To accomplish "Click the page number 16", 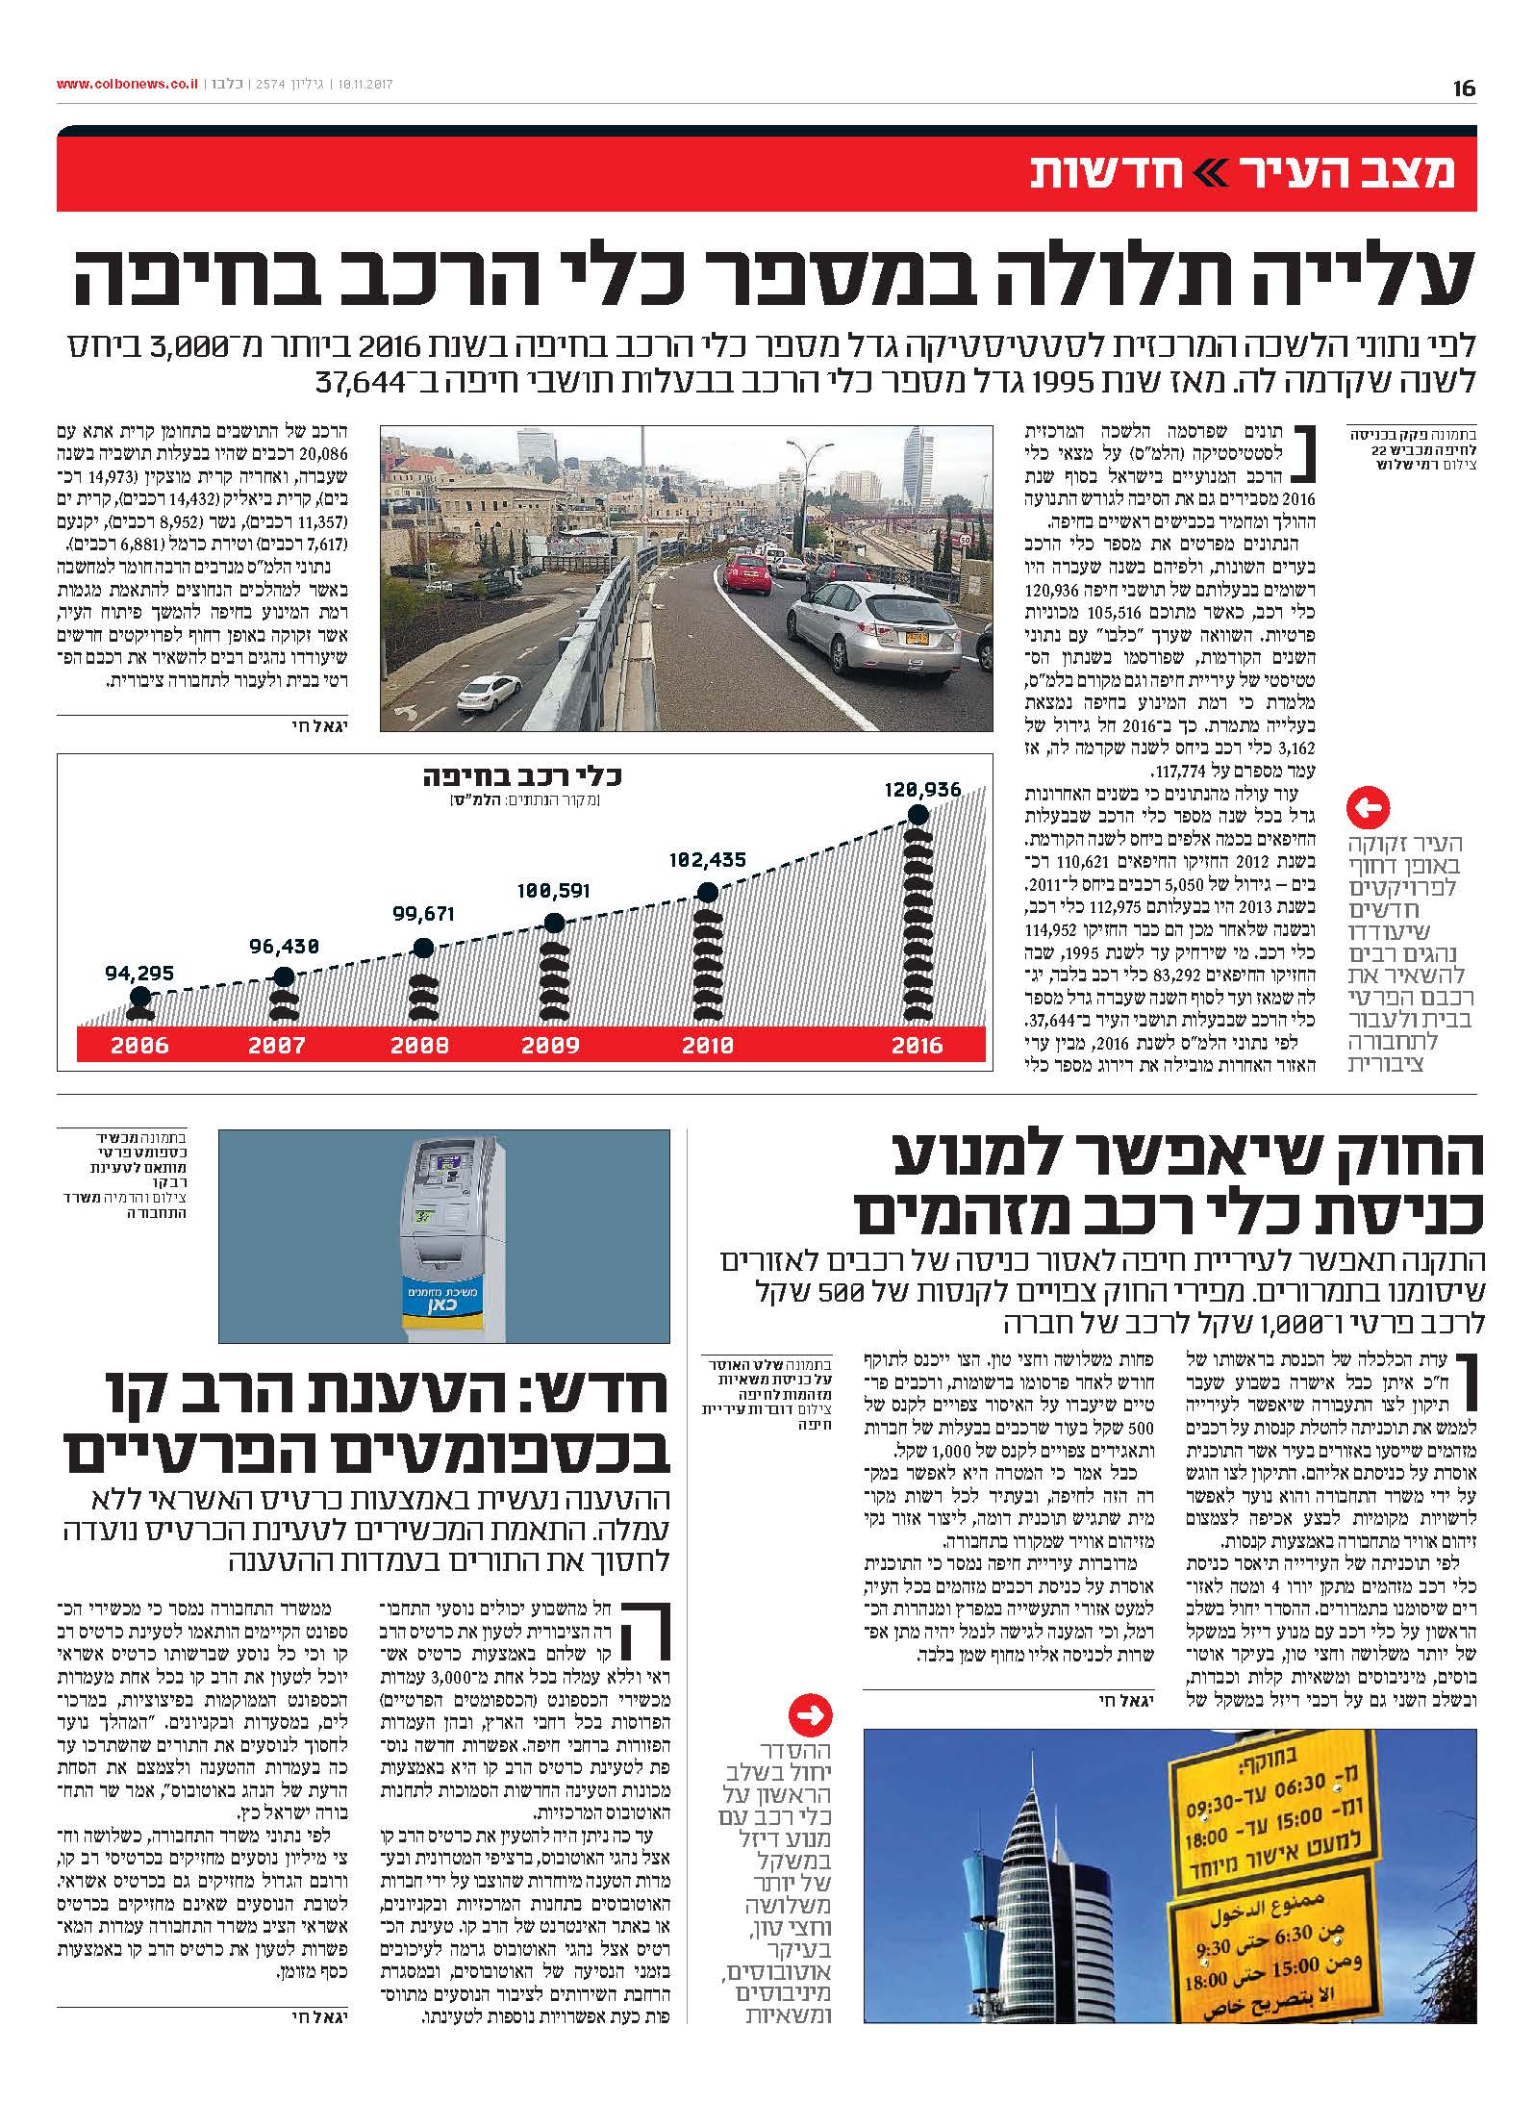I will click(x=1463, y=89).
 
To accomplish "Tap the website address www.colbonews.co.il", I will click(x=127, y=85).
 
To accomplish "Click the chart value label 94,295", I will click(x=139, y=973).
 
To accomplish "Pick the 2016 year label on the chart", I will click(x=917, y=1045).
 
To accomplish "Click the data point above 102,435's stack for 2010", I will click(x=707, y=892).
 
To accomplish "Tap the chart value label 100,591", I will click(x=552, y=890).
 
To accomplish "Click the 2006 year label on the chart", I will click(x=139, y=1045).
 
